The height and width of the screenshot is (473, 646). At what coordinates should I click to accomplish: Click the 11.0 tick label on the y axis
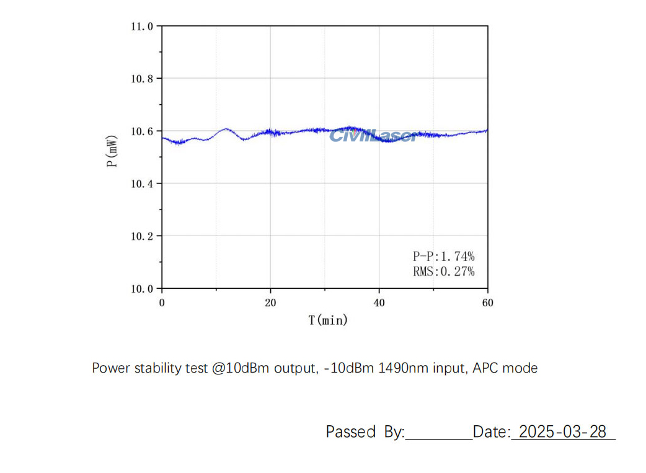pos(142,27)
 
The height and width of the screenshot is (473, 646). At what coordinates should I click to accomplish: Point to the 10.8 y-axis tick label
pos(142,79)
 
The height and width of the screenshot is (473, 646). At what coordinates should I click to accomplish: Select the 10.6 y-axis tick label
pos(142,131)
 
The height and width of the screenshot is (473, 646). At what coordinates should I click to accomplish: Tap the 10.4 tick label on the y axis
pos(142,183)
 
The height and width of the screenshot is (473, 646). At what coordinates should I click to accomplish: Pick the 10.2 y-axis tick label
pos(142,236)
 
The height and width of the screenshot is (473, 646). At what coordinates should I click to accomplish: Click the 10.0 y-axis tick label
pos(142,288)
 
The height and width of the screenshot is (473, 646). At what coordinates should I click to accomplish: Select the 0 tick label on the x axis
pos(162,303)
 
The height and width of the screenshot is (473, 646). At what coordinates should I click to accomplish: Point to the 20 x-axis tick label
pos(270,303)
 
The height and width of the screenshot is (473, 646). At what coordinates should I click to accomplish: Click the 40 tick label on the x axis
pos(379,303)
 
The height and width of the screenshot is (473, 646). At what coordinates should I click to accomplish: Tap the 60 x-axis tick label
pos(488,303)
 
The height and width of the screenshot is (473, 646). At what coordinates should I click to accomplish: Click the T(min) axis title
pos(328,320)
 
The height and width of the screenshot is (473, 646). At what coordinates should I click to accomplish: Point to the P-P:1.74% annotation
pos(443,255)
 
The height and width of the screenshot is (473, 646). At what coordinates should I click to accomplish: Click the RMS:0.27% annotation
pos(443,271)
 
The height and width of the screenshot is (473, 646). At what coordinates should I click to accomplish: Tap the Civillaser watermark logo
pos(374,135)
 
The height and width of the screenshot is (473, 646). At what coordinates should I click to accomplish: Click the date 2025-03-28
pos(562,431)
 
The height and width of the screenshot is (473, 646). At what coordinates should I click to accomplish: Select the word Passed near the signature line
pos(351,431)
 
